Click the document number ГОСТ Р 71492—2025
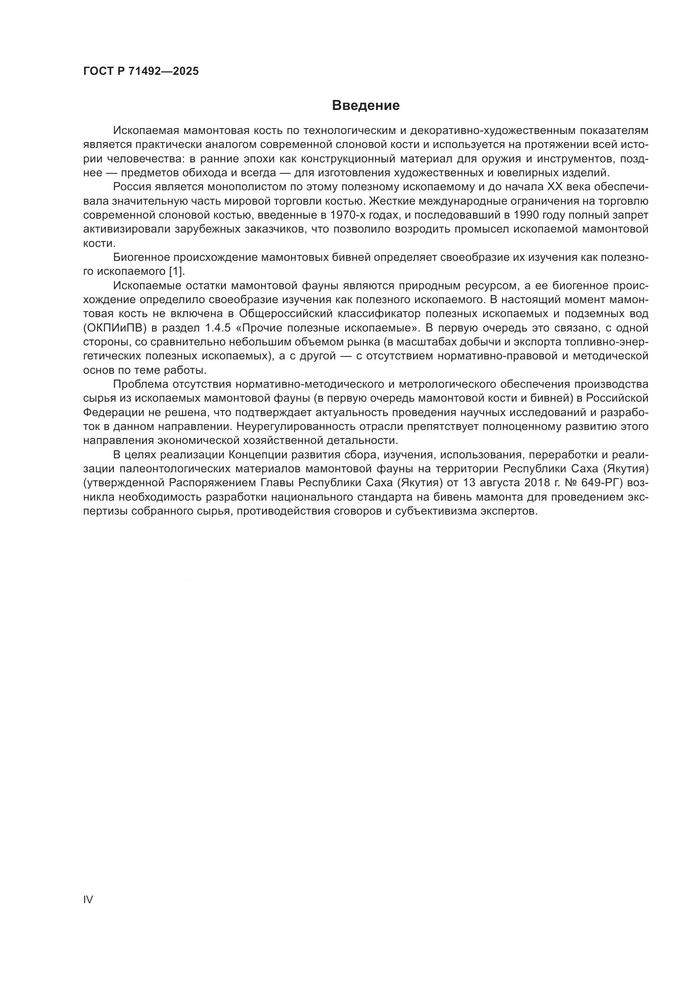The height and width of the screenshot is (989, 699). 141,71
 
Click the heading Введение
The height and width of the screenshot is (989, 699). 366,106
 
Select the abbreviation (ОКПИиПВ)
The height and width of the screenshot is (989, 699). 115,328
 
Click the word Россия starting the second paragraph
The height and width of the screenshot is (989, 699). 132,186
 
